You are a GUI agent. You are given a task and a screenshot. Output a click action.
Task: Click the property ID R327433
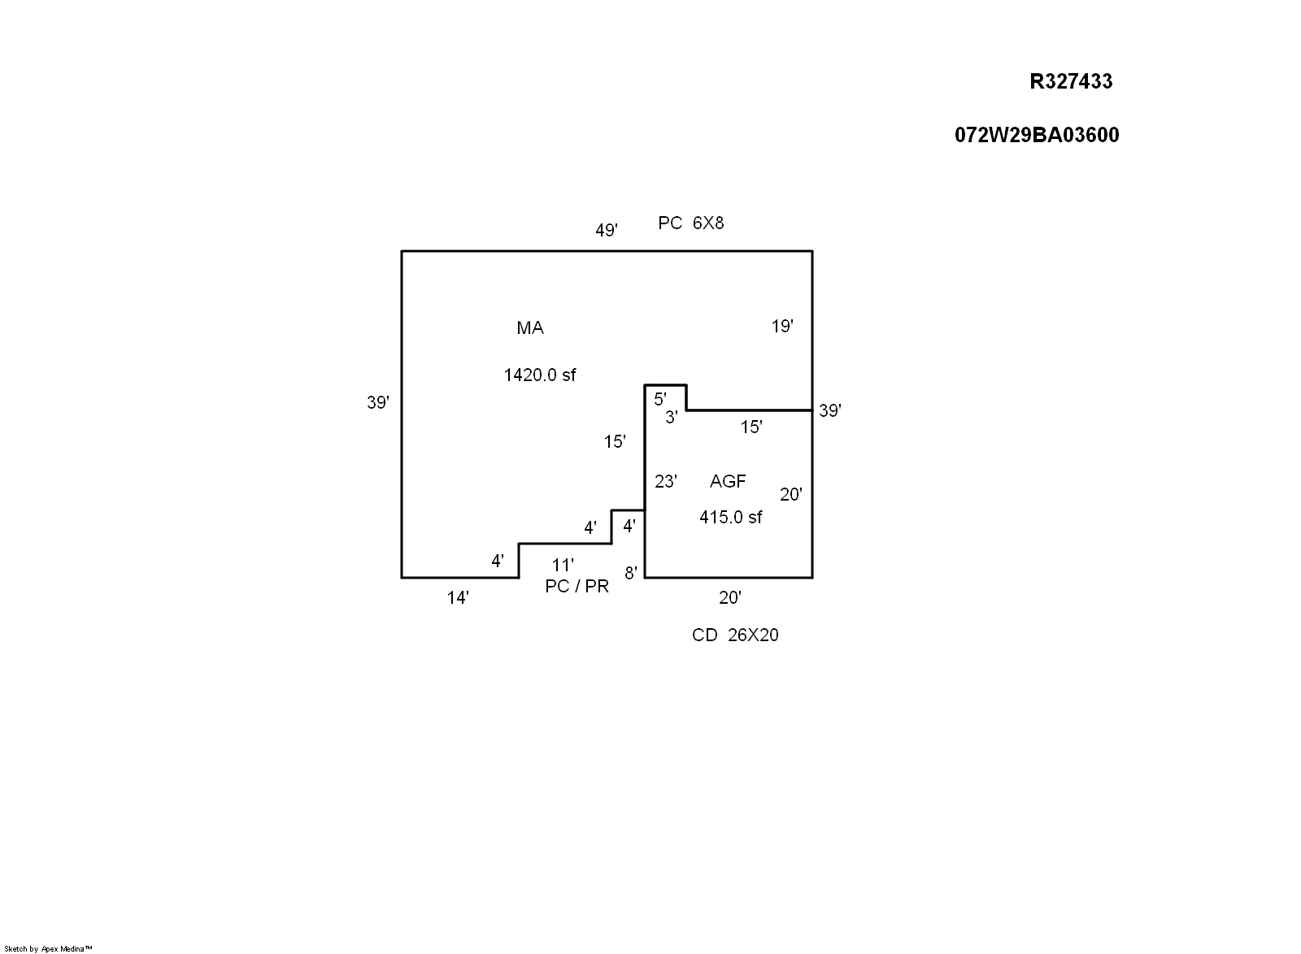(1071, 81)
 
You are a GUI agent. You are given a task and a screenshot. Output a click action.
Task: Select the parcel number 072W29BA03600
(1037, 135)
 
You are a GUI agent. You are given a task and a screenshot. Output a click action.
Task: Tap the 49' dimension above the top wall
(607, 231)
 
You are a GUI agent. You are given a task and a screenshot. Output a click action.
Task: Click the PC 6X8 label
(690, 223)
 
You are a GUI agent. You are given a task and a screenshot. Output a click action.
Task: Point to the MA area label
(530, 328)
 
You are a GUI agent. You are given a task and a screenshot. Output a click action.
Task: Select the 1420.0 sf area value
(540, 375)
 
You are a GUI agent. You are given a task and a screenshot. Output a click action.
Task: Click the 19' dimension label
(782, 327)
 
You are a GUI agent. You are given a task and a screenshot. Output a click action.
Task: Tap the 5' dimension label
(660, 399)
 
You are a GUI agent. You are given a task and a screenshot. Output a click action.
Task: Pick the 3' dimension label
(672, 418)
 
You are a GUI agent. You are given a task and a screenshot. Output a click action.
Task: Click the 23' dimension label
(666, 482)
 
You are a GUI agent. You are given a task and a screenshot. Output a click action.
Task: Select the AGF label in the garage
(728, 482)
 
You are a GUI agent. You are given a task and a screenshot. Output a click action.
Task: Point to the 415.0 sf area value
(731, 518)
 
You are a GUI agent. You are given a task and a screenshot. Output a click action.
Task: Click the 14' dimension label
(458, 598)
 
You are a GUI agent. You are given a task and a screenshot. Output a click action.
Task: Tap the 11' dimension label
(563, 565)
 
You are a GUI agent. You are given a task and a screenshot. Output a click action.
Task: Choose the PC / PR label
(577, 587)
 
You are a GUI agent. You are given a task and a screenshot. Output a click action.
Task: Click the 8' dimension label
(631, 573)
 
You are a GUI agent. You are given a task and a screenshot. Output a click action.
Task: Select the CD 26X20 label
(735, 635)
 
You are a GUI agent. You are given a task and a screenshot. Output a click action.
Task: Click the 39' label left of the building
(378, 402)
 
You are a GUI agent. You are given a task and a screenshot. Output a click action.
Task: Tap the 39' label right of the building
(830, 410)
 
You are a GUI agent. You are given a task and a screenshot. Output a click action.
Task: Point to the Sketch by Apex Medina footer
(49, 948)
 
